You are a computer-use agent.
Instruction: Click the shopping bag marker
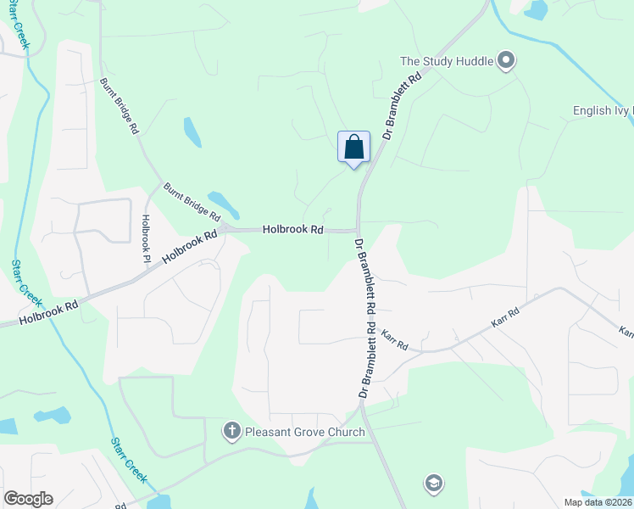click(x=353, y=147)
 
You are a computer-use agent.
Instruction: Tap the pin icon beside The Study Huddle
click(x=507, y=60)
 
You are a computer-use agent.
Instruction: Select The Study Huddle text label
click(x=446, y=61)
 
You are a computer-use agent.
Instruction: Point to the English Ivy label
click(x=603, y=110)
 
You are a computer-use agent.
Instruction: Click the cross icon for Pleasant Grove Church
click(x=231, y=432)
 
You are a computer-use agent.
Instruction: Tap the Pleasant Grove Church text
click(x=305, y=432)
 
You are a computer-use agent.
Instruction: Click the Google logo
click(x=28, y=499)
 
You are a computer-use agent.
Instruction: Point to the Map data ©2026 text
click(x=597, y=501)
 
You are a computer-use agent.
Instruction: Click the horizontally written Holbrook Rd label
click(x=292, y=229)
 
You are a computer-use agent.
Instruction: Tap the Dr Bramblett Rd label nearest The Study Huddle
click(x=403, y=106)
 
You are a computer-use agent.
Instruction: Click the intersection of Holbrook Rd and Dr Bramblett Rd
click(x=358, y=230)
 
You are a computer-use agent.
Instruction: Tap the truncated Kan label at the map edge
click(x=626, y=332)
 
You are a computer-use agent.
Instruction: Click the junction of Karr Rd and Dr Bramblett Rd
click(x=375, y=341)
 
